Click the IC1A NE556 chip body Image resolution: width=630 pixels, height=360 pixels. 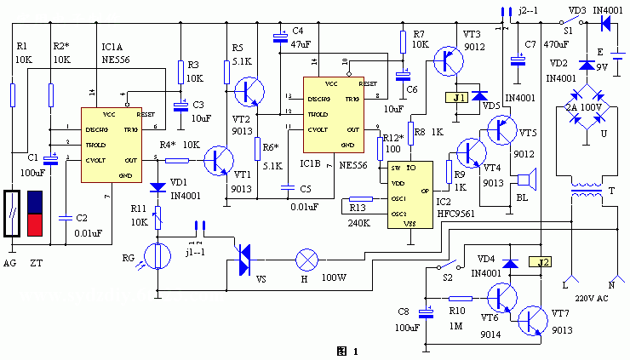[x=119, y=145]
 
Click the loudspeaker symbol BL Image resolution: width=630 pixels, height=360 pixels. [x=527, y=180]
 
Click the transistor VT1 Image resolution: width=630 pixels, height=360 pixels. [x=221, y=159]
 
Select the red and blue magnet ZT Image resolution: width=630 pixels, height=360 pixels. [x=36, y=213]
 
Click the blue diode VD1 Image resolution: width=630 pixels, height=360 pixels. [x=157, y=187]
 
